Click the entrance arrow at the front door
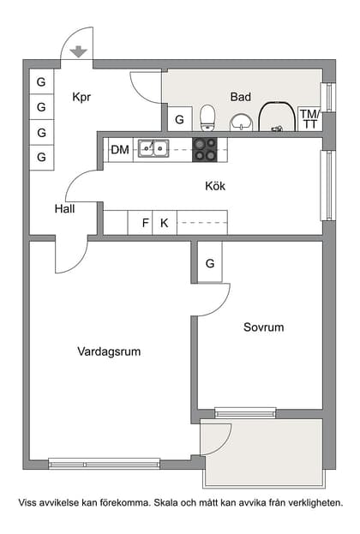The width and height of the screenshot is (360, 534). click(79, 51)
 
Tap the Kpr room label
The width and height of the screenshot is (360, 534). click(83, 97)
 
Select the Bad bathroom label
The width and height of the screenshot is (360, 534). click(241, 97)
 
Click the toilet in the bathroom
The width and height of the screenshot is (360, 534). click(207, 116)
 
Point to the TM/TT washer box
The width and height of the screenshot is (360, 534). click(309, 119)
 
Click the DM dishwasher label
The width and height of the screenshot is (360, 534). click(120, 150)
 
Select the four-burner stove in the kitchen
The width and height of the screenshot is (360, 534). click(205, 149)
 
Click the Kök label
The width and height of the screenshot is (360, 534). click(215, 185)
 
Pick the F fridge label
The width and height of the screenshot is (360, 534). click(145, 223)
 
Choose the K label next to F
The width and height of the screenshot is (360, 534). click(165, 223)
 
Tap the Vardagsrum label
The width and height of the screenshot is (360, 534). click(109, 351)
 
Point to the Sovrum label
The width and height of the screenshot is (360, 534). click(263, 327)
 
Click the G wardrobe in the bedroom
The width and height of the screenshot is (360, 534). click(210, 263)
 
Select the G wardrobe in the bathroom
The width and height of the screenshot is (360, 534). click(179, 119)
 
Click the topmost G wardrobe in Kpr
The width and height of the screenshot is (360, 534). click(41, 82)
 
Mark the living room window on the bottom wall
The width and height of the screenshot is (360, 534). click(104, 464)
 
